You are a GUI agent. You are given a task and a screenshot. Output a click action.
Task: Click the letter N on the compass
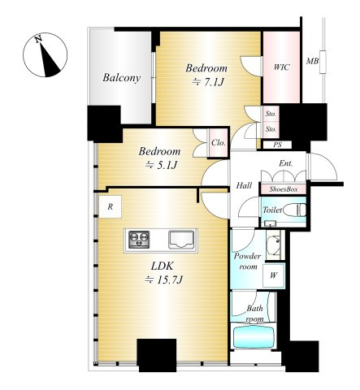(x=38, y=39)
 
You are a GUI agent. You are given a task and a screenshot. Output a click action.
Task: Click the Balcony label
(x=122, y=78)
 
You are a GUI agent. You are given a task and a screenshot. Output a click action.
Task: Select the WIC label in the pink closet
(x=281, y=67)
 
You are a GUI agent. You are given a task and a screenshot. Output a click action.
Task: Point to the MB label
(x=312, y=62)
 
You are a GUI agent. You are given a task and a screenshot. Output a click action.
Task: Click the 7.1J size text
(x=208, y=82)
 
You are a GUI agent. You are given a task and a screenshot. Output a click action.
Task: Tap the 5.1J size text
(x=161, y=165)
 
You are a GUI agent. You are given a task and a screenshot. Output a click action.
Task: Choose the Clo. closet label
(x=219, y=143)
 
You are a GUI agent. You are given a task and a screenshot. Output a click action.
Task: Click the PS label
(x=277, y=145)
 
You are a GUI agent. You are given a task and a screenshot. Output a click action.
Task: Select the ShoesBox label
(x=284, y=189)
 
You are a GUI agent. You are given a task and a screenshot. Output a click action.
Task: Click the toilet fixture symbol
(x=295, y=210)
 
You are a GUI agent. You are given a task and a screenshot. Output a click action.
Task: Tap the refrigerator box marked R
(x=110, y=207)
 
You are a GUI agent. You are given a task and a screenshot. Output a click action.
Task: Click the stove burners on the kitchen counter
(x=139, y=240)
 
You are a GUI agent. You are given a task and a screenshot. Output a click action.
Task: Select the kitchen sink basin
(x=181, y=240)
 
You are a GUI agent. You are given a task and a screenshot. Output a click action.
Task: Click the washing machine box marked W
(x=273, y=275)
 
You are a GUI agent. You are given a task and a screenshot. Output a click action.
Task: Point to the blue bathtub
(x=254, y=337)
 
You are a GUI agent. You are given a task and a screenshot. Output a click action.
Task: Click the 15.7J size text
(x=163, y=280)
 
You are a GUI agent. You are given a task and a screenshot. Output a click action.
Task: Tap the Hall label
(x=244, y=185)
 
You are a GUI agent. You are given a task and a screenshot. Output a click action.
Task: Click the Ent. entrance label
(x=286, y=163)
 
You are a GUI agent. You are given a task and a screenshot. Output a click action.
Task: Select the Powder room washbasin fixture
(x=274, y=245)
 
